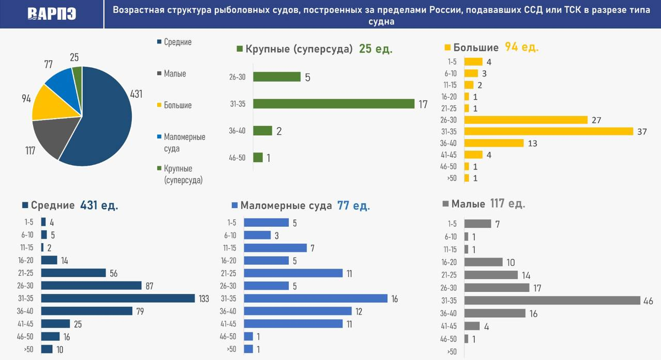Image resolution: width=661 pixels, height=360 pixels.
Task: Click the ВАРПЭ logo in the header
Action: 51,14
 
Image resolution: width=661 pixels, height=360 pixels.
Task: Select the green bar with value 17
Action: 333,103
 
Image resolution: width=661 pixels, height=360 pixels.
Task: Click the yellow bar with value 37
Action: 549,132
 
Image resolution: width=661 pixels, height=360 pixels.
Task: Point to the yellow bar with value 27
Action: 526,120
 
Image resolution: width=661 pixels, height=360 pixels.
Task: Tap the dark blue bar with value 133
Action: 118,298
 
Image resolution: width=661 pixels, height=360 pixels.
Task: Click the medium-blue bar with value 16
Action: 316,298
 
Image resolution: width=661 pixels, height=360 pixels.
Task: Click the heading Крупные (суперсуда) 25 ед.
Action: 314,49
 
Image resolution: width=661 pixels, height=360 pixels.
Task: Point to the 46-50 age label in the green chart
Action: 237,157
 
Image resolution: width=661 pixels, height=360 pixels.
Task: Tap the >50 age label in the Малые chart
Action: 452,351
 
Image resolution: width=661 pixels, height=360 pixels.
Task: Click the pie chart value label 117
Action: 30,151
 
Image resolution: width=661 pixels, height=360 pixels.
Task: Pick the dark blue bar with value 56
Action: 73,273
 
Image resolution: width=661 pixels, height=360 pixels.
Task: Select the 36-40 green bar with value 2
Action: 263,130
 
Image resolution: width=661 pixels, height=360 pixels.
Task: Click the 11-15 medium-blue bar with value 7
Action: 275,248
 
